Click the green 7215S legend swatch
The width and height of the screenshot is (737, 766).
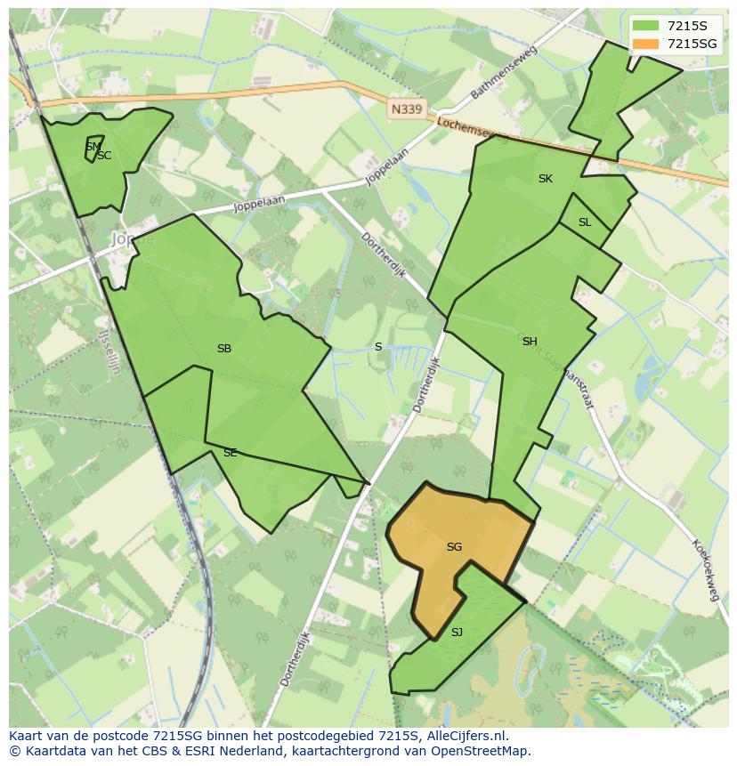646,26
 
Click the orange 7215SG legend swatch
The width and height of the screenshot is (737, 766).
646,44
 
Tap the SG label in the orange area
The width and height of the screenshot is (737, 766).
454,547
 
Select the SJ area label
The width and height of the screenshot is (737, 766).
457,633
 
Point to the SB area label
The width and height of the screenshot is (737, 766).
224,349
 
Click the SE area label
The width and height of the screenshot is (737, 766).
231,453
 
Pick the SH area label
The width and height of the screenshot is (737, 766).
530,342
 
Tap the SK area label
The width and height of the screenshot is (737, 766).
546,179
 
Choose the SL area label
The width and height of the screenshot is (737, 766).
585,222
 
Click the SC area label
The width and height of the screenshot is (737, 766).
104,156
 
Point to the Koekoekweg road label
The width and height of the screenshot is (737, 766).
704,569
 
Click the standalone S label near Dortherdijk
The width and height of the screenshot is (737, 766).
378,347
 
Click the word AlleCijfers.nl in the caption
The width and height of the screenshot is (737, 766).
465,736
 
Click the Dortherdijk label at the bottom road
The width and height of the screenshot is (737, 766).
297,654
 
